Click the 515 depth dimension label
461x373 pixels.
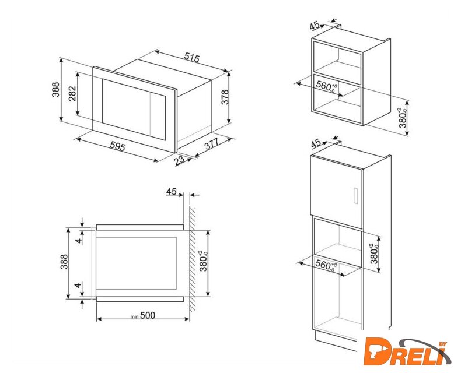tap(191, 57)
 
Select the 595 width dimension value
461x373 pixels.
tap(118, 146)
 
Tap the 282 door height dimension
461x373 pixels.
tap(72, 93)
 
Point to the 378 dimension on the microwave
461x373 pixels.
tap(225, 97)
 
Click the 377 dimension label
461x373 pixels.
tap(212, 143)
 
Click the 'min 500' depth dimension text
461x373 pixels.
tap(143, 315)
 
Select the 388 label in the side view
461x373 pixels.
tap(64, 262)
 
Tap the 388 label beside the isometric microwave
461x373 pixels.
tap(55, 89)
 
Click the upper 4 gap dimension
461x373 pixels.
tap(78, 241)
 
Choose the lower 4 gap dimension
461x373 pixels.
tap(78, 285)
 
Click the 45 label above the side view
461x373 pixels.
tap(171, 192)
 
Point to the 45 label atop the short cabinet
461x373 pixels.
tap(315, 25)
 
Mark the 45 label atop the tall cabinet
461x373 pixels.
tap(316, 143)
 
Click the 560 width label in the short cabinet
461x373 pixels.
tap(326, 87)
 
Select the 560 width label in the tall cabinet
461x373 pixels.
tap(326, 266)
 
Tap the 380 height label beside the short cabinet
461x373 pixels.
tap(403, 118)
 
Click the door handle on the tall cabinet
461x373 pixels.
tap(355, 195)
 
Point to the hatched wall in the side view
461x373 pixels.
tap(193, 259)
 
